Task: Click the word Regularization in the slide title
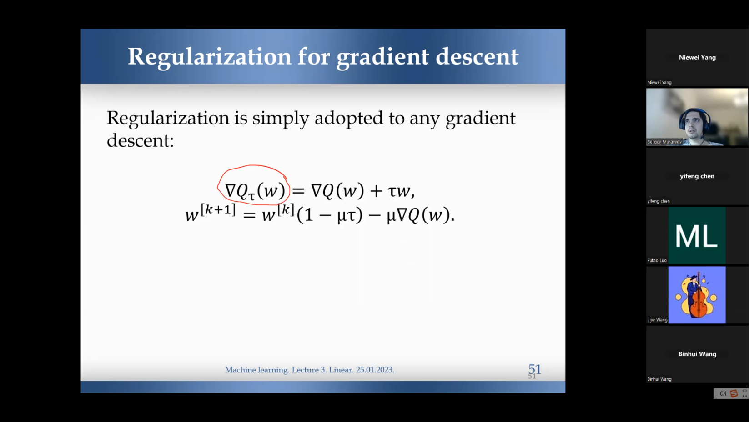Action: point(210,57)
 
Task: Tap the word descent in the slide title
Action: point(477,56)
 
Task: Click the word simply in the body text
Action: point(281,119)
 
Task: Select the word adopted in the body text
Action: point(349,119)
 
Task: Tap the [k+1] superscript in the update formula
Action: point(218,210)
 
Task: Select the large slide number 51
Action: point(535,369)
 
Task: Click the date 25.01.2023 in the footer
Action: point(375,370)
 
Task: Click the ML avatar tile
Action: point(697,236)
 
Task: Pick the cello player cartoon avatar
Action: point(697,295)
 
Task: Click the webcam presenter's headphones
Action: point(694,119)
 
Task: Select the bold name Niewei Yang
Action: point(697,58)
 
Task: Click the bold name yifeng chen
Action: point(697,176)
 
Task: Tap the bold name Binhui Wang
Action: point(697,354)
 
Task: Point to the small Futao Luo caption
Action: point(657,260)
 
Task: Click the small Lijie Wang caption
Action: point(658,320)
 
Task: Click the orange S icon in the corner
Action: point(734,393)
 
